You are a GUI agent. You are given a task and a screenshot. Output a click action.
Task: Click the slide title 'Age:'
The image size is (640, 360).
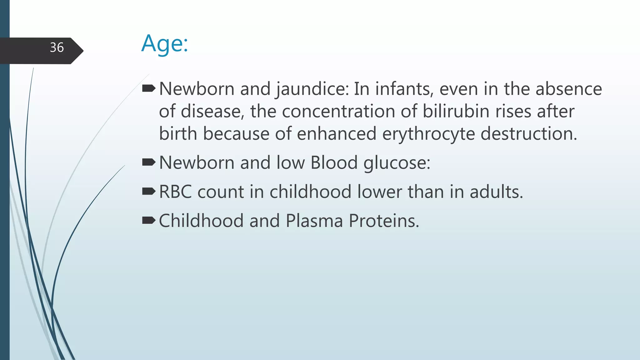point(165,44)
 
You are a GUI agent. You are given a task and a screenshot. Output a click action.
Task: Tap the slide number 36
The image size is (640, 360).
point(57,48)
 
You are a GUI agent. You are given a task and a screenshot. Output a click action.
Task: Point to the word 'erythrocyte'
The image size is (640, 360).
point(428,134)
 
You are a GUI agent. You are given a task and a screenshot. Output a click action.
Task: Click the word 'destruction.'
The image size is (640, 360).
point(528,134)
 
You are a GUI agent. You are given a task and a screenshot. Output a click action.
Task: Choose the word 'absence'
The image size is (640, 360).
point(569,89)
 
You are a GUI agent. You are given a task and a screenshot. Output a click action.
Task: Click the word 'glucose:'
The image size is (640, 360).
point(397,163)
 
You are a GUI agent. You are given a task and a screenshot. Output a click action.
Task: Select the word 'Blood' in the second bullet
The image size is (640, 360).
point(334,163)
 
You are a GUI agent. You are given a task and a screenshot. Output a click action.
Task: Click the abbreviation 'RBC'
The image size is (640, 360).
point(175,192)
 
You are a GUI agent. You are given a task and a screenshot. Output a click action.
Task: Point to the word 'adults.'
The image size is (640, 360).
point(496,192)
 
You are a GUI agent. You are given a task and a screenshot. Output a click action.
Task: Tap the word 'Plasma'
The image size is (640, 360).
point(314,221)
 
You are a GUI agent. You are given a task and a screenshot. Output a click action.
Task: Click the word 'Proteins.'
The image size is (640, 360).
point(384,221)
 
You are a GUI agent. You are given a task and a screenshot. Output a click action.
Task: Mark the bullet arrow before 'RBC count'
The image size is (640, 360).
point(148,191)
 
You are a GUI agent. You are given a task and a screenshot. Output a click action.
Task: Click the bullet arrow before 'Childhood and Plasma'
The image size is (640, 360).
point(148,221)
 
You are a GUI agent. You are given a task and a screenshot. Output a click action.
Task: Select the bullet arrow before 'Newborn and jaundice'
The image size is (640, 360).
point(148,89)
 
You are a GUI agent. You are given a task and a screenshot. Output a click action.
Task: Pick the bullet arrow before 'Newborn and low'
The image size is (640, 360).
point(148,162)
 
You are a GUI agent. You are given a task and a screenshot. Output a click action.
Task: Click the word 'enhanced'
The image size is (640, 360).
point(337,134)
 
